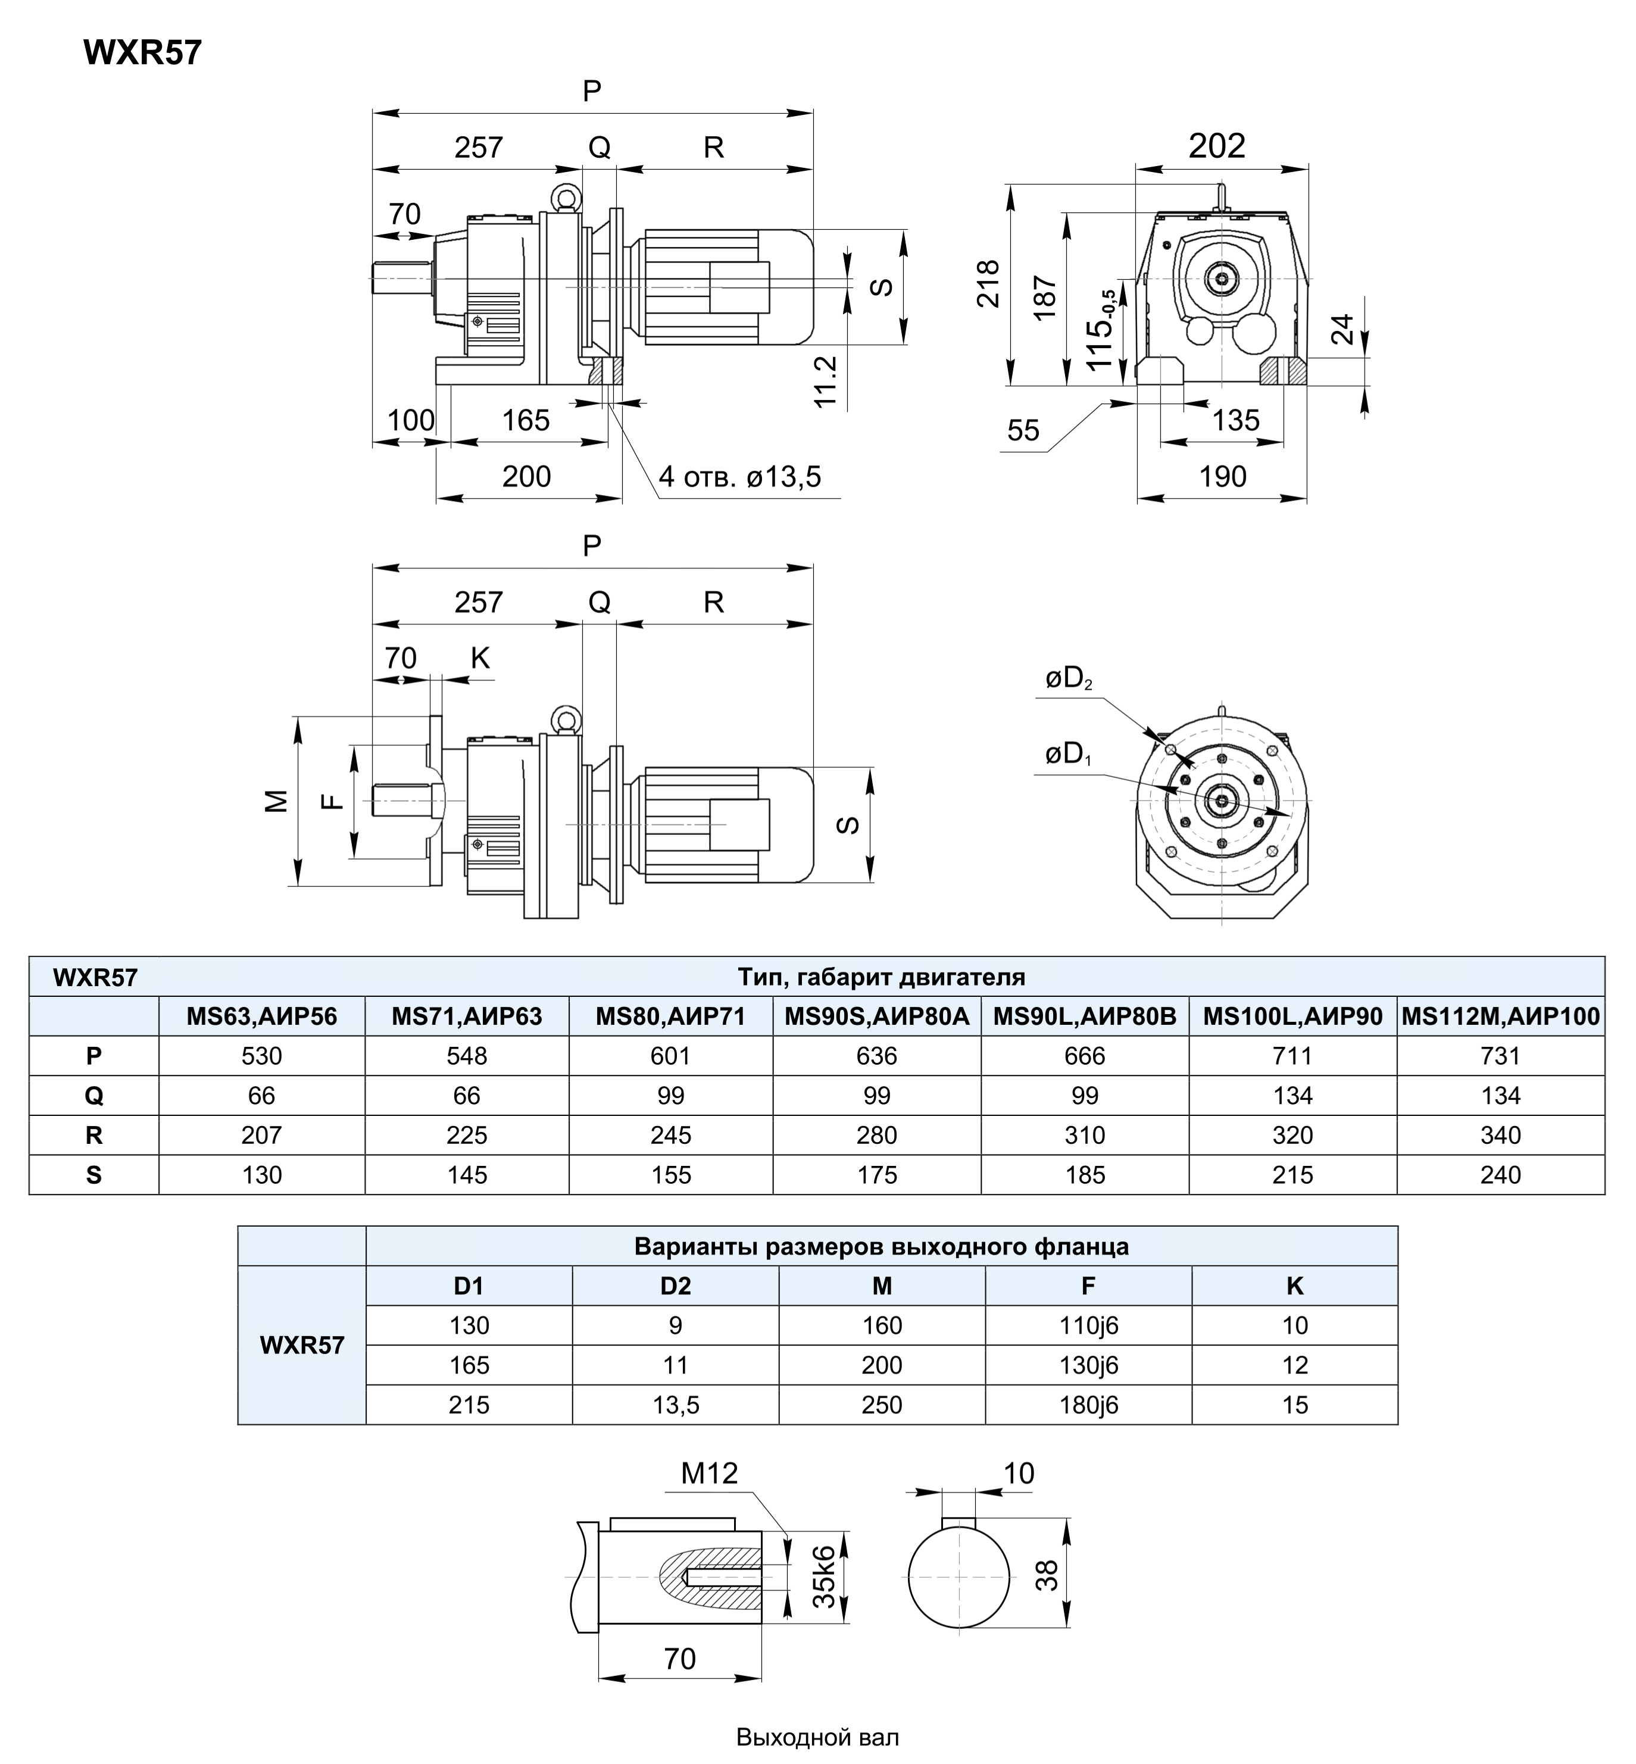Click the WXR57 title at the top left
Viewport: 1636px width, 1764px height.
pyautogui.click(x=142, y=53)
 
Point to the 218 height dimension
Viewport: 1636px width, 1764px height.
pyautogui.click(x=988, y=283)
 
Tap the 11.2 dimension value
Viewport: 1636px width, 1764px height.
pyautogui.click(x=825, y=381)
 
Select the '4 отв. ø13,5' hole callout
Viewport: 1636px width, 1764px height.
pyautogui.click(x=739, y=477)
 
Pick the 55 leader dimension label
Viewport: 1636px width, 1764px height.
pyautogui.click(x=1023, y=431)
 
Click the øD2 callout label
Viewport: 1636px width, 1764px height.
pyautogui.click(x=1069, y=679)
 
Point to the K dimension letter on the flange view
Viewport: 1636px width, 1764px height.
pyautogui.click(x=480, y=658)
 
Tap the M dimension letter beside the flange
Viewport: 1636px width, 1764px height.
pyautogui.click(x=277, y=800)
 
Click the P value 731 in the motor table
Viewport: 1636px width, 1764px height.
pyautogui.click(x=1500, y=1056)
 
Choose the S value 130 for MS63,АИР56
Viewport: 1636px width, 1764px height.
pyautogui.click(x=262, y=1175)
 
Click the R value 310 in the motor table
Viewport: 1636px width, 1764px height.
pyautogui.click(x=1085, y=1135)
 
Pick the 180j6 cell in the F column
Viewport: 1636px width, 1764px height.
pyautogui.click(x=1088, y=1405)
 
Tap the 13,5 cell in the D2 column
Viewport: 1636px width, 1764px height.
pyautogui.click(x=676, y=1405)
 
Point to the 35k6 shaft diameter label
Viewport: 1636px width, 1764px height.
pyautogui.click(x=823, y=1577)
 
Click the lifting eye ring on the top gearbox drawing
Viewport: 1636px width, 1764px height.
pyautogui.click(x=564, y=196)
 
